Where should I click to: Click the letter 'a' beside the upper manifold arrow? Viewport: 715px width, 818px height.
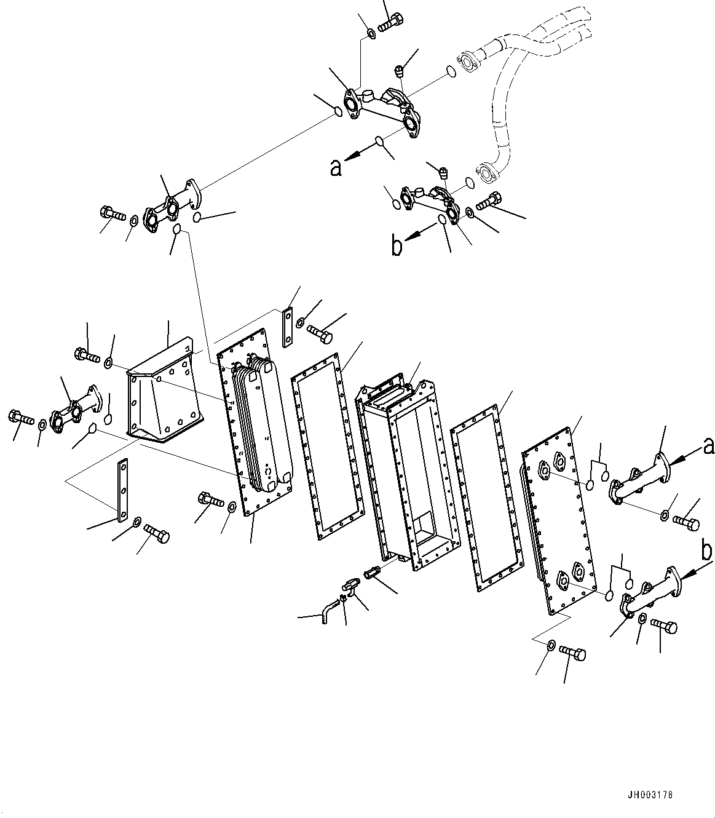[336, 169]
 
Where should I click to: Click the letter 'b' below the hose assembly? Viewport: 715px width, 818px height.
[397, 247]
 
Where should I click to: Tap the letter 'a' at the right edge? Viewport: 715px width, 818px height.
[709, 447]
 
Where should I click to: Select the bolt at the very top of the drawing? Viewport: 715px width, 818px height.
[390, 22]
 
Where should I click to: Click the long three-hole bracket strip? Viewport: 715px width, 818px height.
[123, 490]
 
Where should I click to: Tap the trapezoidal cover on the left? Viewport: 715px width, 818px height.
[164, 390]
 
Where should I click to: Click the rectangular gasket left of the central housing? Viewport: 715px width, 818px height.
[327, 447]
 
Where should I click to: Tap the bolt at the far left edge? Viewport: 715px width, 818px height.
[21, 418]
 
